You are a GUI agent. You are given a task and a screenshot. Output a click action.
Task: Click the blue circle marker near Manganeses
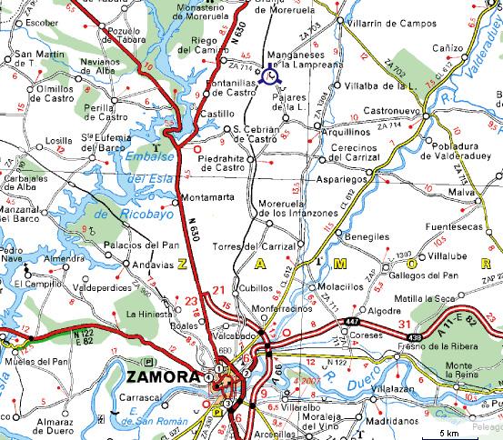(x=268, y=77)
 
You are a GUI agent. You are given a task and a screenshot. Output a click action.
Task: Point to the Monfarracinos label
(x=284, y=308)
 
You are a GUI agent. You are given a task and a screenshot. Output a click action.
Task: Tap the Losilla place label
(x=58, y=141)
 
